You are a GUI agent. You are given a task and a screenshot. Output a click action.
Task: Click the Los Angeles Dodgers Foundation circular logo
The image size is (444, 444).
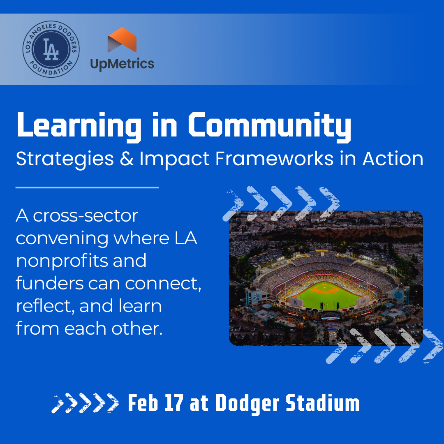coord(51,49)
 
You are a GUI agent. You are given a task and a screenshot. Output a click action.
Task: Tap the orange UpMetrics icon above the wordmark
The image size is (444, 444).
coord(122,40)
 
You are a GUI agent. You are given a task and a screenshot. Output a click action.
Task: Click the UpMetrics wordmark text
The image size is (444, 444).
coord(122,64)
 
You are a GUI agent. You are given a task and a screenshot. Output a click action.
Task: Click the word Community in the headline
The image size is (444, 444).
coord(270,125)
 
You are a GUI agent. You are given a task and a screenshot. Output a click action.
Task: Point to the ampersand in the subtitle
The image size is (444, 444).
coord(126,159)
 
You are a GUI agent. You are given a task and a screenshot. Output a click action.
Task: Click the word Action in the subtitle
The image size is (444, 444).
coord(393,159)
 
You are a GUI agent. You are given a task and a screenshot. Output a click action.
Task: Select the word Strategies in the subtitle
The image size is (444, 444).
coord(65,159)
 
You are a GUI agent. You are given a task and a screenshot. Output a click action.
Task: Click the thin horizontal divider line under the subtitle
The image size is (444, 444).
coord(87,187)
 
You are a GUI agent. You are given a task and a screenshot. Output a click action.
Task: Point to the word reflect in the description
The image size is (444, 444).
coord(44,307)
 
